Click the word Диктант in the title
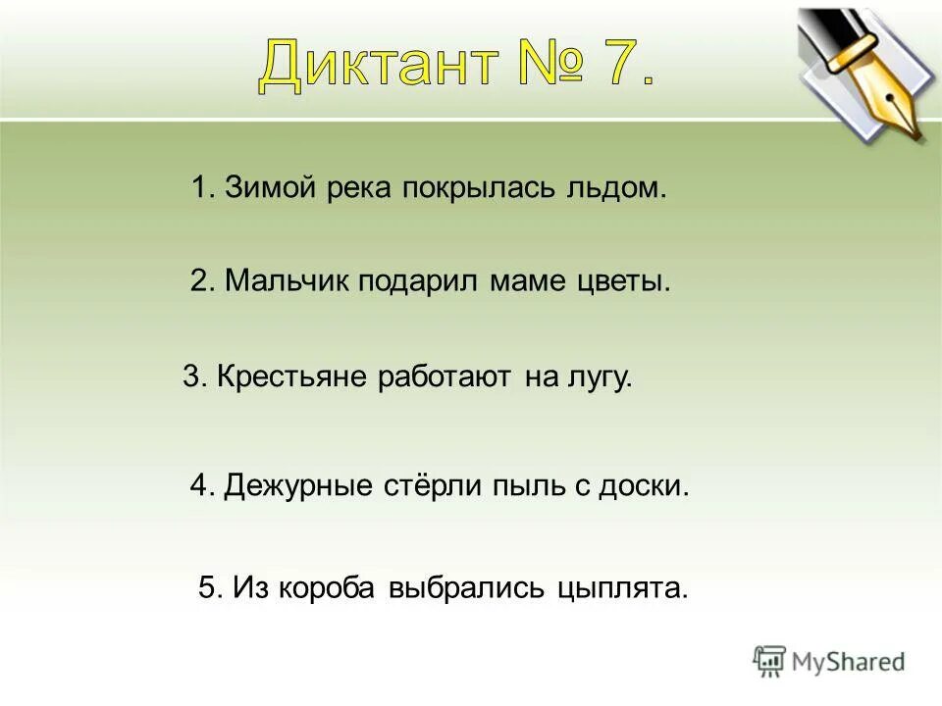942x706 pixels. click(378, 68)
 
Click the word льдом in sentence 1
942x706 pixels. click(619, 187)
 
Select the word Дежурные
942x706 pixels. click(298, 485)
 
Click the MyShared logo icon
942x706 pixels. click(769, 662)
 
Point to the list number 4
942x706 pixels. click(199, 485)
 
